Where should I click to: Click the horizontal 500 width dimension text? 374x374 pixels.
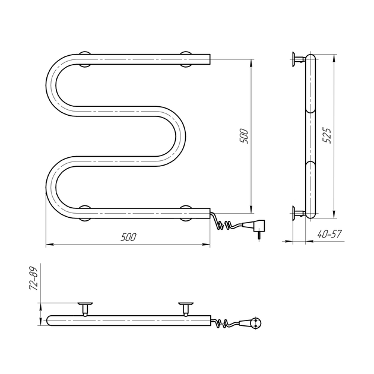pyautogui.click(x=128, y=237)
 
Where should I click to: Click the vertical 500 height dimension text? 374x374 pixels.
pyautogui.click(x=244, y=136)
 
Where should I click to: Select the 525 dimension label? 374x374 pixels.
pyautogui.click(x=327, y=135)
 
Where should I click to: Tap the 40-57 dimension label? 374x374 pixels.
pyautogui.click(x=329, y=234)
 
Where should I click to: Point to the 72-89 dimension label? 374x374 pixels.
pyautogui.click(x=34, y=278)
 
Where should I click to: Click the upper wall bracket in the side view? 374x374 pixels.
pyautogui.click(x=299, y=59)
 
